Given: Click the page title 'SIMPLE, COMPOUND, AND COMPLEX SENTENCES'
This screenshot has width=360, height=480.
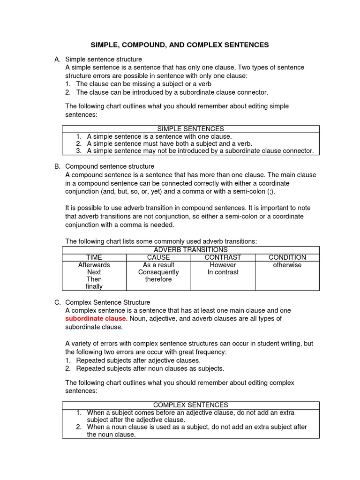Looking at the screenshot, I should [x=180, y=45].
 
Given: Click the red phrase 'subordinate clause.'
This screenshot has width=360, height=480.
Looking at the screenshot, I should [x=96, y=319].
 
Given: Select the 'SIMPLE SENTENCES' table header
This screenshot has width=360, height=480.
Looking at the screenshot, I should [x=190, y=129].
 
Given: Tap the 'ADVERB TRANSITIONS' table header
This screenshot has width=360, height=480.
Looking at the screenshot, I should [x=190, y=250].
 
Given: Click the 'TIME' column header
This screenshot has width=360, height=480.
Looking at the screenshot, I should [x=94, y=257].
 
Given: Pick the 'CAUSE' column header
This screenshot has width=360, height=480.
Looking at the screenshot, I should [x=158, y=257].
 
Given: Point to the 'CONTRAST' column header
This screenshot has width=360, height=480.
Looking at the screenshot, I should [x=223, y=257].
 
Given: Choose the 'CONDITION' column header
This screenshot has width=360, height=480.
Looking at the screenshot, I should [x=287, y=257].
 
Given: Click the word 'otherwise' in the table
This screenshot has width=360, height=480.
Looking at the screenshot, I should [x=287, y=265].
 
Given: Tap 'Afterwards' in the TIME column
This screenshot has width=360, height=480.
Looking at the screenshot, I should [x=94, y=265].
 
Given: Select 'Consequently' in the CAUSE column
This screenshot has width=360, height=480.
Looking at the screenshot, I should [x=158, y=272].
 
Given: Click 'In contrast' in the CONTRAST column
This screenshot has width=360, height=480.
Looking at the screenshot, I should [x=223, y=272].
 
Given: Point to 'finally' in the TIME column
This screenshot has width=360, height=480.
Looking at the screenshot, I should [x=94, y=286].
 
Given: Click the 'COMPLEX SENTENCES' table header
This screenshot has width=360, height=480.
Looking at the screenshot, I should [x=190, y=405].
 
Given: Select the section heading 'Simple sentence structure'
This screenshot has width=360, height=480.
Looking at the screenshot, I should [x=103, y=60].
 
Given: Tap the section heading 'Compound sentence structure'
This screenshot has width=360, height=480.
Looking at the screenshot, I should [x=109, y=166].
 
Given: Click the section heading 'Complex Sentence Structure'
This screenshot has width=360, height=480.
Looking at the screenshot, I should [x=107, y=303].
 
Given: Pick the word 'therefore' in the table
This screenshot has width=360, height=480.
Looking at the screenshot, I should [x=158, y=279].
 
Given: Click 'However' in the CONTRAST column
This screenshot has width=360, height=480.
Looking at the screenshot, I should [x=223, y=265].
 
